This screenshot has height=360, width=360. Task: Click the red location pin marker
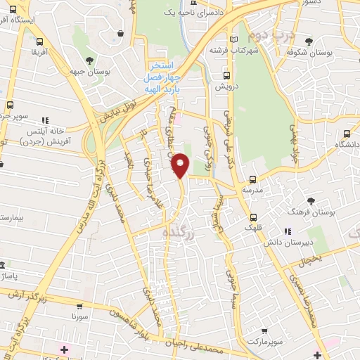[x=181, y=165]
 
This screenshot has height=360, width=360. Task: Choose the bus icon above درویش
[x=226, y=75]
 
